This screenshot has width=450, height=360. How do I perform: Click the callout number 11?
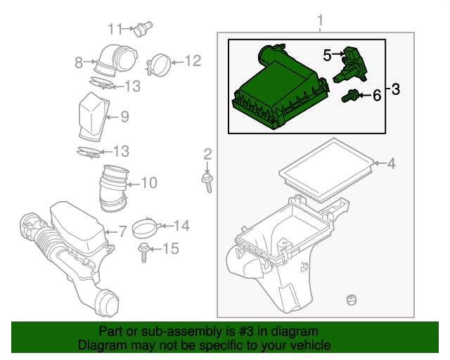(x=115, y=28)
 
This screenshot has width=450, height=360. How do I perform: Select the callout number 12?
(x=193, y=61)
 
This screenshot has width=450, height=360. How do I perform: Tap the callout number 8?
(x=79, y=63)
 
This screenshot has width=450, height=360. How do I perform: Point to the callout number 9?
(x=124, y=117)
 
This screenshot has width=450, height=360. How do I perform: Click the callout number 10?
(x=148, y=184)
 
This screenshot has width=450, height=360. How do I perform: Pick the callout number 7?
(x=121, y=231)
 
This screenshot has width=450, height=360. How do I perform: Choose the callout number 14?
(x=181, y=226)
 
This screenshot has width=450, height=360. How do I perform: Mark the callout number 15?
(x=171, y=248)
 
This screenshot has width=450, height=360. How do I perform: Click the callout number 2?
(x=207, y=154)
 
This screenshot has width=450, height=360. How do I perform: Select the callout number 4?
(x=390, y=165)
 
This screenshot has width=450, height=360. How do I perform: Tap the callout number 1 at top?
(x=321, y=19)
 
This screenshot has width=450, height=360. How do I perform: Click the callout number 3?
(x=395, y=89)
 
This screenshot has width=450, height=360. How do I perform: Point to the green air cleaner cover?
(x=278, y=91)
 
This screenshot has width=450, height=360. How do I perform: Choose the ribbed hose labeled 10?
(x=112, y=187)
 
